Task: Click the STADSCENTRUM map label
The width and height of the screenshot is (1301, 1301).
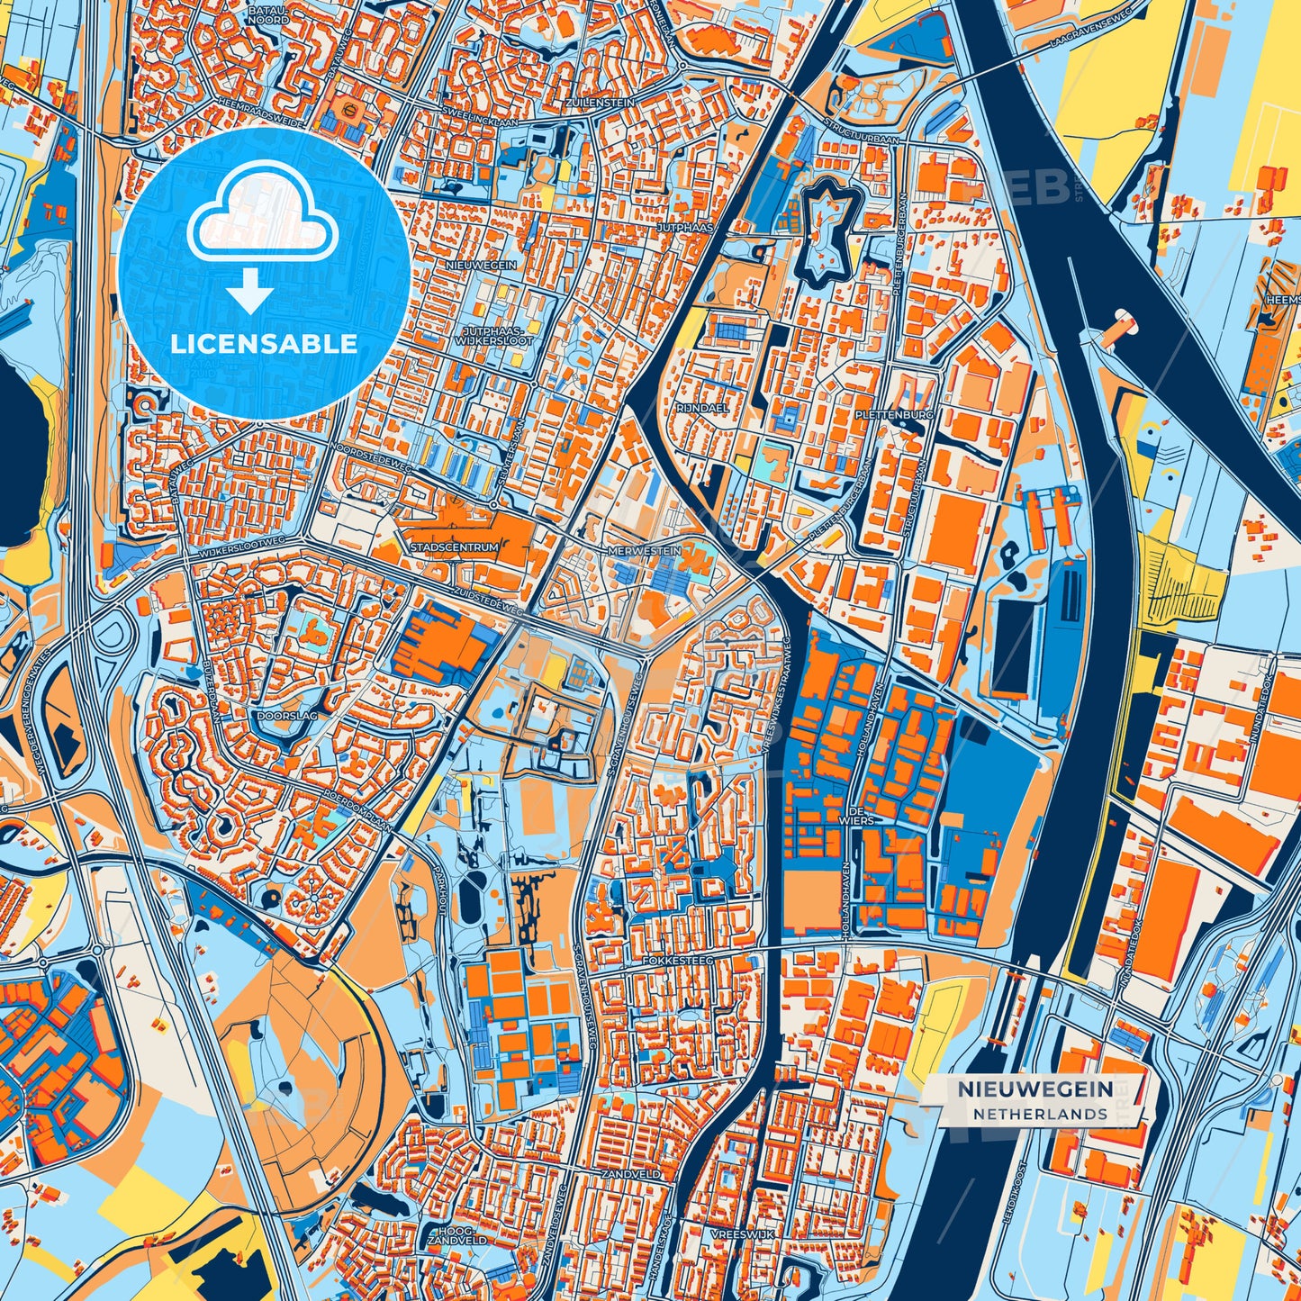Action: click(x=453, y=547)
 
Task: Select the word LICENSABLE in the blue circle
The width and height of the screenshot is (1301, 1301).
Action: click(x=265, y=344)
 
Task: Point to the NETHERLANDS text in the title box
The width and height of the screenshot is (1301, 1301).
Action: click(x=1039, y=1114)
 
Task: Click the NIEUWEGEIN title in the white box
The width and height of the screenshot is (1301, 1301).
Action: click(x=1034, y=1089)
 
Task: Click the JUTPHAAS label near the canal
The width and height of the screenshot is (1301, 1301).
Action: click(x=684, y=229)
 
